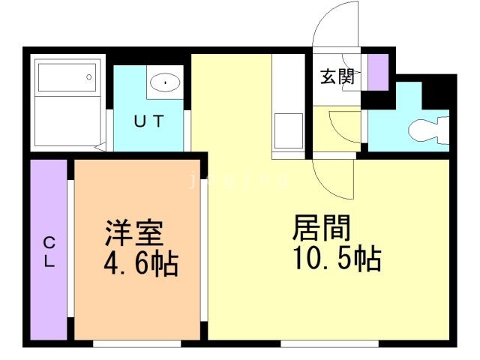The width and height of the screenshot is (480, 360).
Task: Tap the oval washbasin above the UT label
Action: pyautogui.click(x=163, y=82)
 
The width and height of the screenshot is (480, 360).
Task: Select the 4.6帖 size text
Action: pyautogui.click(x=140, y=263)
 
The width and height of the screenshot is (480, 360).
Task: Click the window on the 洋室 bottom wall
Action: pyautogui.click(x=136, y=343)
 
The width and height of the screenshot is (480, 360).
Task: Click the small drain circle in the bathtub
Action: pyautogui.click(x=89, y=76)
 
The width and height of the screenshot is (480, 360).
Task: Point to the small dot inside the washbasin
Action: pyautogui.click(x=163, y=82)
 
